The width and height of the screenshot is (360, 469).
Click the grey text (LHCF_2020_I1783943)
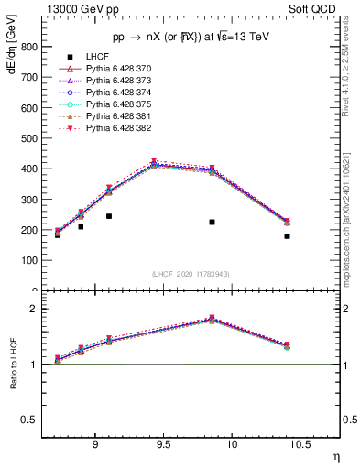point(190,274)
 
